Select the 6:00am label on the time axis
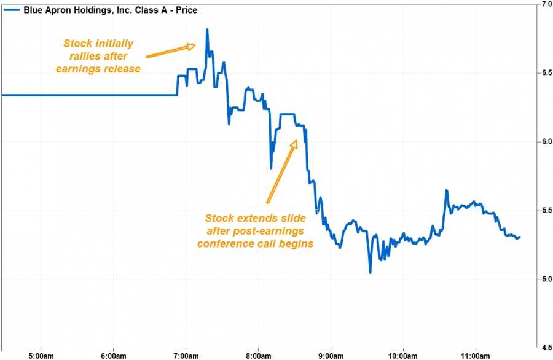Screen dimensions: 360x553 (x=113, y=354)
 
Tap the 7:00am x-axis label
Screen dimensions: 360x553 (x=186, y=354)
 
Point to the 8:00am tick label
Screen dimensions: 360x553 (x=258, y=354)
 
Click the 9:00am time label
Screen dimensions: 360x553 (x=331, y=354)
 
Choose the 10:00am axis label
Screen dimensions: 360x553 (x=403, y=354)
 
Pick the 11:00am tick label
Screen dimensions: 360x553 (x=476, y=354)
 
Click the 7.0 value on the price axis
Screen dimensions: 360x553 (x=545, y=4)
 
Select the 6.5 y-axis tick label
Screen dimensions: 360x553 (x=545, y=73)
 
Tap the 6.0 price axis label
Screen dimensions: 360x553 (x=545, y=142)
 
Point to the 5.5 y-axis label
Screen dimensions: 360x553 (x=545, y=211)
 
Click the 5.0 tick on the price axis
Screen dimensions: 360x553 (x=545, y=280)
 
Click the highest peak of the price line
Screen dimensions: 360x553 (x=207, y=29)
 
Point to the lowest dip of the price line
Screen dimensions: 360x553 (x=370, y=272)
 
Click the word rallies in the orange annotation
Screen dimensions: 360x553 (x=81, y=56)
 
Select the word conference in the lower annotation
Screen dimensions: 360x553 (x=221, y=243)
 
